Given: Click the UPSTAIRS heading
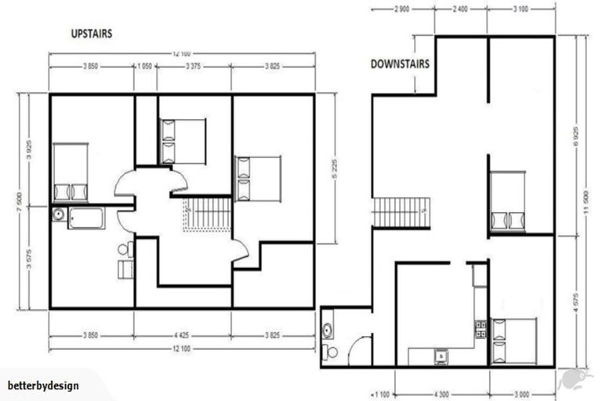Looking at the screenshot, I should click(x=91, y=34).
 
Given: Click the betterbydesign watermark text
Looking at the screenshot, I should click(x=43, y=385).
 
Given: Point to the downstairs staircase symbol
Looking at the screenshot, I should click(x=401, y=212).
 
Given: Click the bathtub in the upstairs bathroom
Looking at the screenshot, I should click(x=86, y=218).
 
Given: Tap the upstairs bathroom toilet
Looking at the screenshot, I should click(x=125, y=250).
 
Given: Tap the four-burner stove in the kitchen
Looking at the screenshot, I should click(x=480, y=330).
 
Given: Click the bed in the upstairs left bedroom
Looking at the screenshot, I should click(x=70, y=172).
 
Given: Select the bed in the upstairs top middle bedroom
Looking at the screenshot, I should click(x=182, y=142).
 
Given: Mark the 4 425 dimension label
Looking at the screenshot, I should click(x=183, y=337).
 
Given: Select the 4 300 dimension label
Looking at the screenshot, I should click(x=441, y=393).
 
